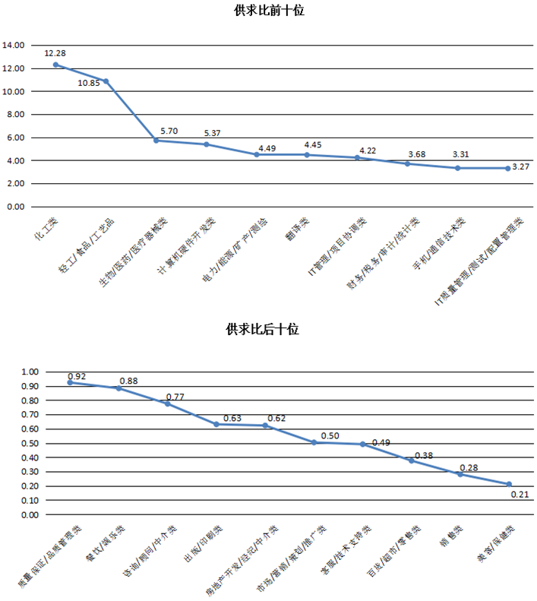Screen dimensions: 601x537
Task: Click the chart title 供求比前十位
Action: [268, 11]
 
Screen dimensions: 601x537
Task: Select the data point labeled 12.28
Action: [55, 65]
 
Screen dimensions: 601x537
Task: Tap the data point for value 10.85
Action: [106, 81]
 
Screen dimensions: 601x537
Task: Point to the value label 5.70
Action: [169, 130]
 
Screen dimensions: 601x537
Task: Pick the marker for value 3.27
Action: [508, 169]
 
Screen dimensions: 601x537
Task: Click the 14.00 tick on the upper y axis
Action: [13, 45]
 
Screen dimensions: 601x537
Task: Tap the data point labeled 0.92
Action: [70, 382]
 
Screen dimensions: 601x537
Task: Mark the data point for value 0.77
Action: [167, 403]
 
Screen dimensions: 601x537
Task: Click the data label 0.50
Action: [330, 435]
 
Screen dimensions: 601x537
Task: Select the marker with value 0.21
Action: [509, 484]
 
